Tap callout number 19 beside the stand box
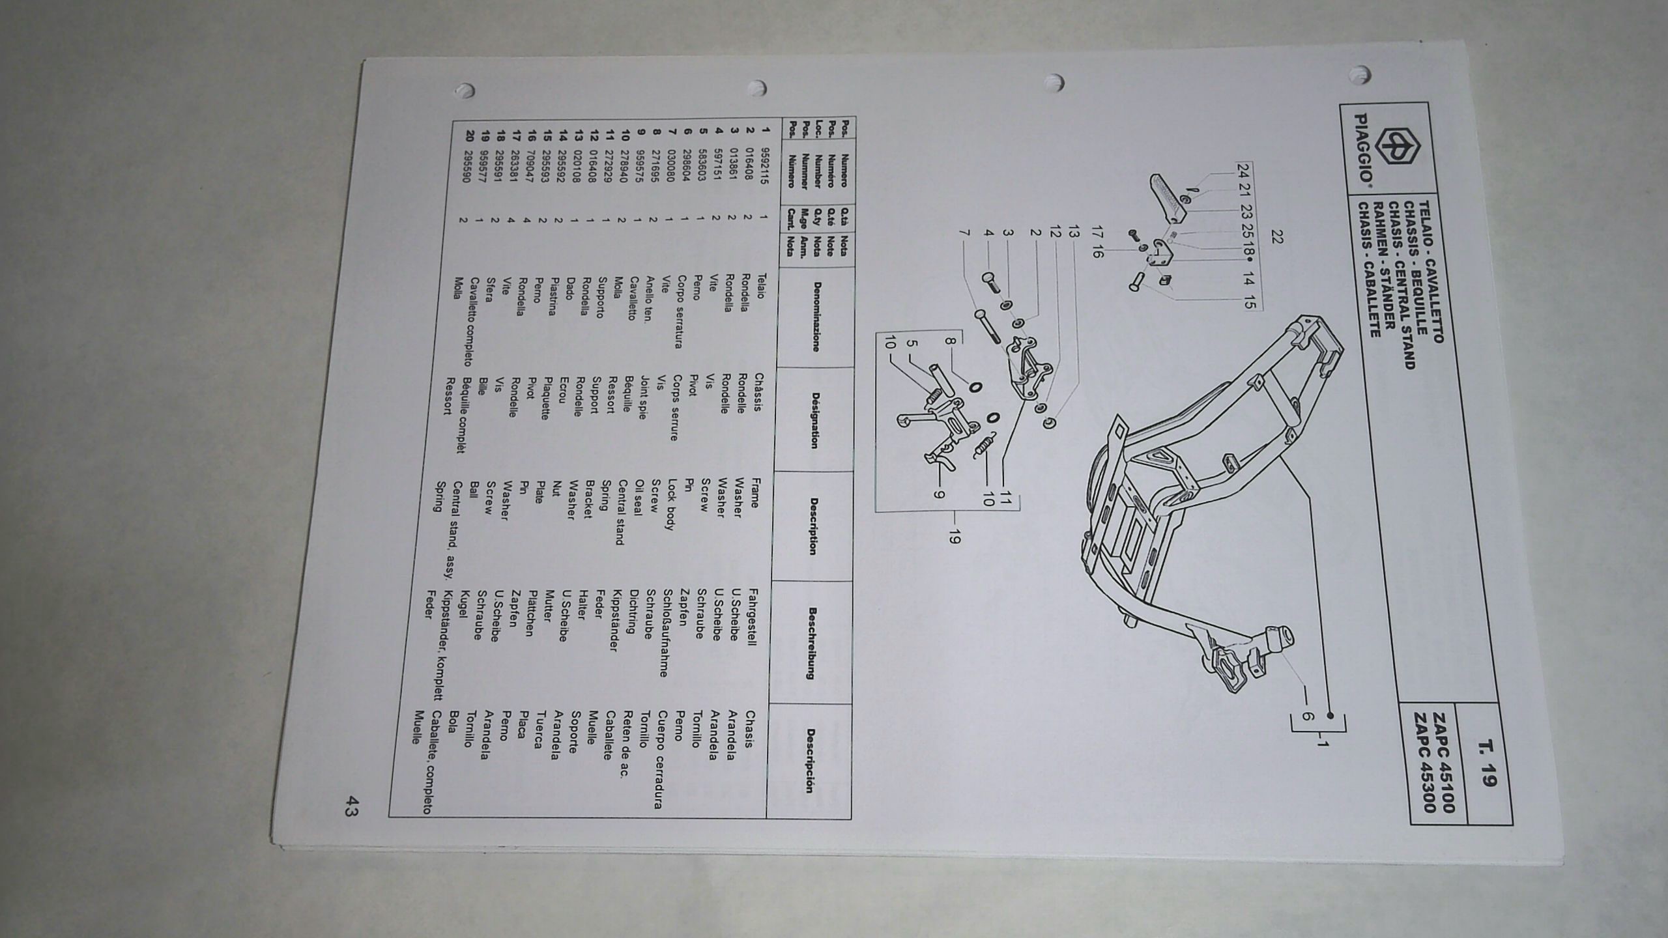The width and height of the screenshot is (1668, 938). (955, 537)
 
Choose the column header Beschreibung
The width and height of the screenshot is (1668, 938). (812, 642)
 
